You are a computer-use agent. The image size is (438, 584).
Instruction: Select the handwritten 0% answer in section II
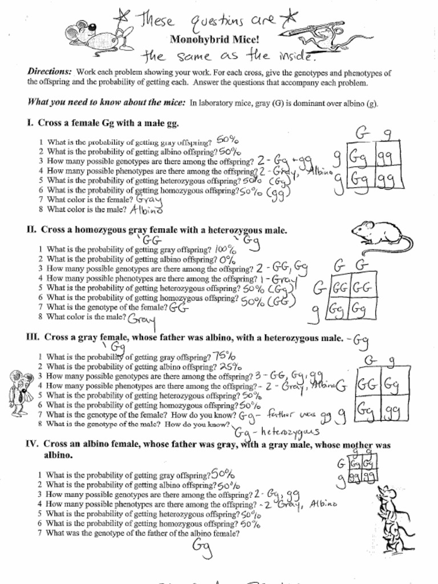point(228,259)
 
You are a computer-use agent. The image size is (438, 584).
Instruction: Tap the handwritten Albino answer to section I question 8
point(147,210)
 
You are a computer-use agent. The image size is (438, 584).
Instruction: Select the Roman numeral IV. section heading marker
point(33,444)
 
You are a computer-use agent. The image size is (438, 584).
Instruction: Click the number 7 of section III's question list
point(40,415)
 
